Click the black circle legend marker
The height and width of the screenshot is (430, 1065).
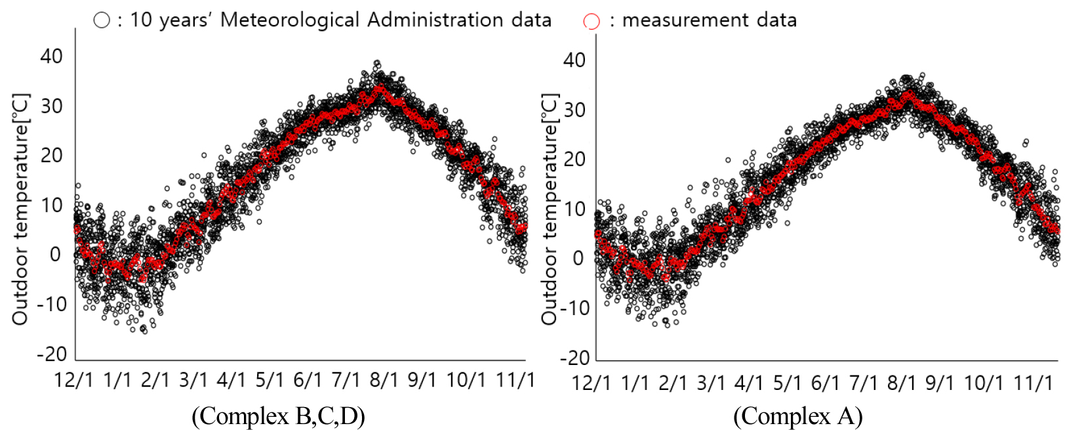[102, 20]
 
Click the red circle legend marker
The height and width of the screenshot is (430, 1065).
[591, 22]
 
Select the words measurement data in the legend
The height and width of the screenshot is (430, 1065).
[709, 20]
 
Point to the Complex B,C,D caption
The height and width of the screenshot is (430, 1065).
[278, 416]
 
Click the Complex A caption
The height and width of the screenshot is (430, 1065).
[797, 416]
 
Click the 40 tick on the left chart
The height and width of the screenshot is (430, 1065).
[51, 56]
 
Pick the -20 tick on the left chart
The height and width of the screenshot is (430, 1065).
[52, 355]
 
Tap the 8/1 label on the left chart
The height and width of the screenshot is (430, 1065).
[384, 379]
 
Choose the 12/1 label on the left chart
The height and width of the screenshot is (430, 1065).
[73, 379]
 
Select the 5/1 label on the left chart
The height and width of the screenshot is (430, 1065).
[270, 379]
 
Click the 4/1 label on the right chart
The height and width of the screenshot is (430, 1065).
[749, 383]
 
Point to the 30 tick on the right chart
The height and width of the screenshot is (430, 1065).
[574, 110]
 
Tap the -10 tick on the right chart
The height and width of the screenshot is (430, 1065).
[574, 308]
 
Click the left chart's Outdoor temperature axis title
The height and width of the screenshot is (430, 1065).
[20, 209]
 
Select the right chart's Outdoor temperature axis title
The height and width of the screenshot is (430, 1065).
[549, 209]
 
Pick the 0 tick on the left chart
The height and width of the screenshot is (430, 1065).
[56, 255]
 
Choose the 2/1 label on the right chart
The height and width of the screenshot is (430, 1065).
[673, 383]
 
